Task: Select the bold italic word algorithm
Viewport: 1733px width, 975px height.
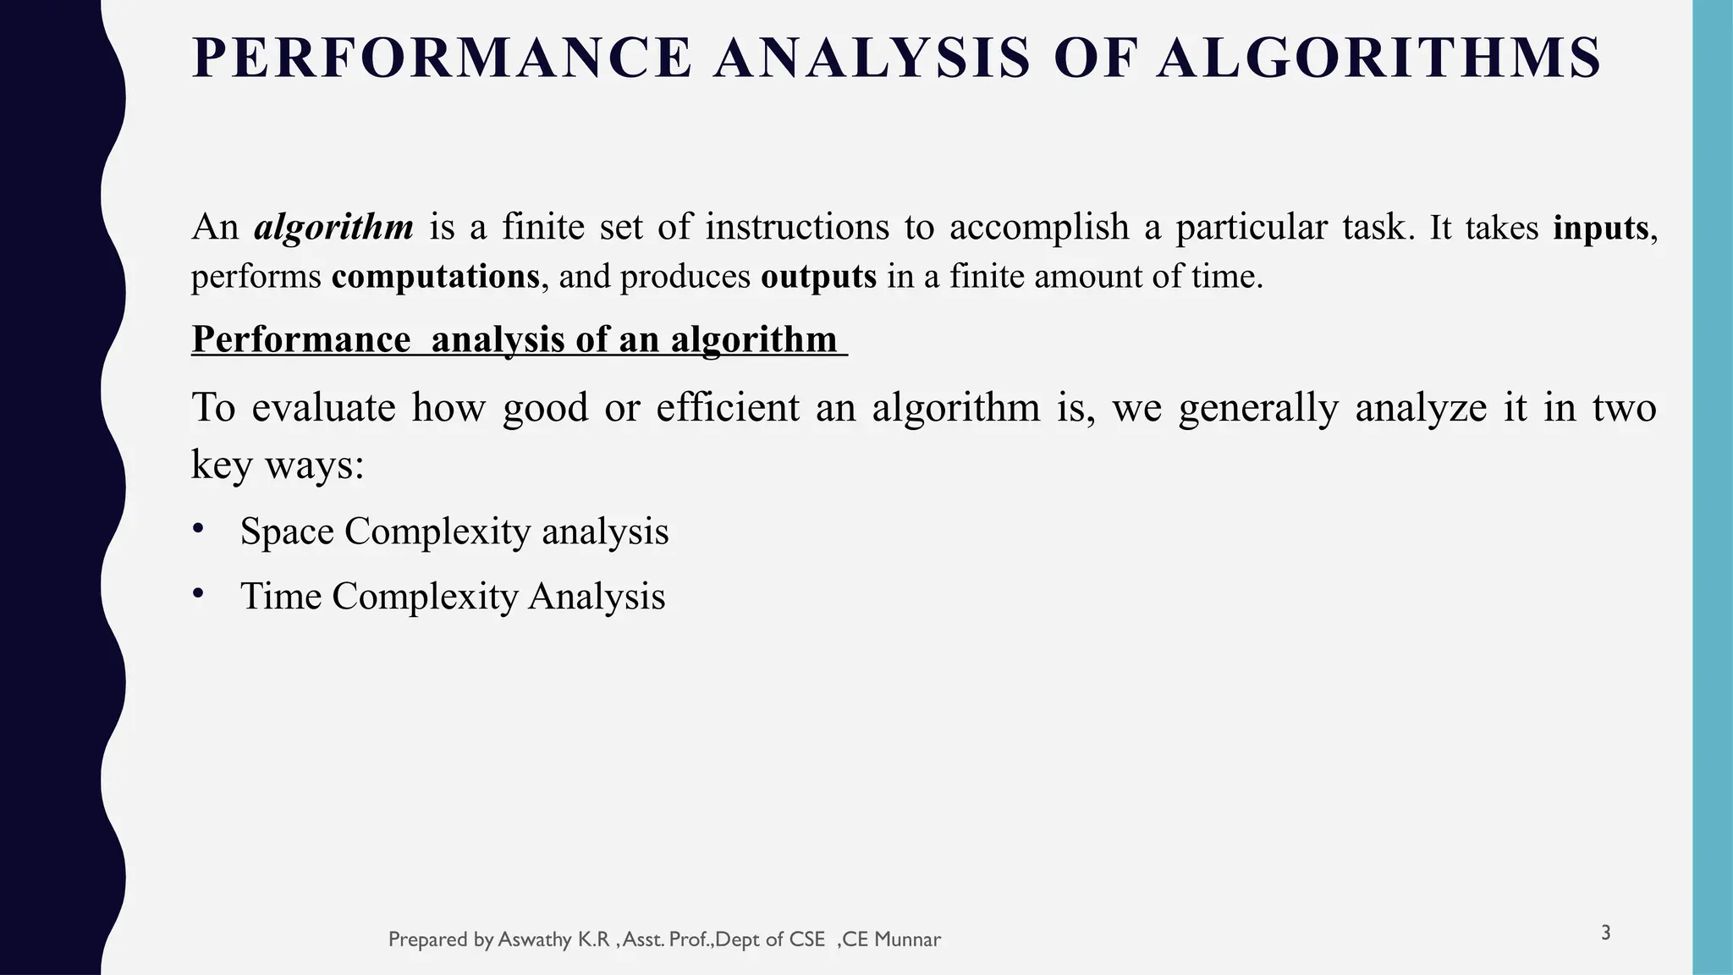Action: click(x=334, y=227)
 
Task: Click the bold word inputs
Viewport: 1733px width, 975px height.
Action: click(x=1601, y=228)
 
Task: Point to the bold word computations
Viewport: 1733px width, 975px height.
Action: click(x=435, y=277)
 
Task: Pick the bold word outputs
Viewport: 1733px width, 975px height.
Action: click(x=818, y=277)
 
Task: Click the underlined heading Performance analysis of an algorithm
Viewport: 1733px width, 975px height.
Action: click(x=518, y=339)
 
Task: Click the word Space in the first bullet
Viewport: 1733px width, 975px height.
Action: click(x=287, y=532)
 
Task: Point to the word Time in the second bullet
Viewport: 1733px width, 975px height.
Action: click(x=281, y=596)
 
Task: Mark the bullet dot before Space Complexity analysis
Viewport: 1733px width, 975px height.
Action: click(x=198, y=528)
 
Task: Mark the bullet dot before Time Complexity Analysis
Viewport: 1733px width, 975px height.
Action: click(x=198, y=592)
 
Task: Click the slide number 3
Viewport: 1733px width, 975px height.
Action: click(x=1605, y=934)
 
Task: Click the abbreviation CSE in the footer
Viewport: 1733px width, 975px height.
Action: click(x=807, y=939)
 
